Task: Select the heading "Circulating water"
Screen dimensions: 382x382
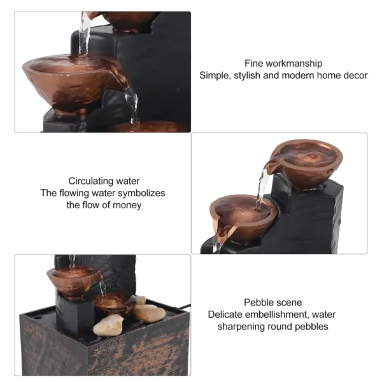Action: click(104, 181)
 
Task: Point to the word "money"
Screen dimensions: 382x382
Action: click(128, 205)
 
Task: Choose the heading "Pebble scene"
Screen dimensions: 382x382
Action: click(272, 302)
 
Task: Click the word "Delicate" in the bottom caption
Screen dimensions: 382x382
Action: click(225, 315)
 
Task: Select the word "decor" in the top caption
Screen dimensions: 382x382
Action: click(355, 75)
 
